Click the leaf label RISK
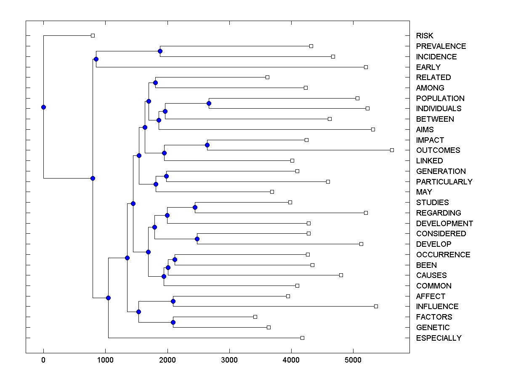point(425,36)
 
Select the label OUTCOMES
point(438,150)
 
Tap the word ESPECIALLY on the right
point(439,338)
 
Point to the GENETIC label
point(433,328)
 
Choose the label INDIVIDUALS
point(439,109)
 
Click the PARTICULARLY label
point(444,182)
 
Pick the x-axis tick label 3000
point(229,360)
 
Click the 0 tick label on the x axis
point(43,360)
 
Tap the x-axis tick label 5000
point(353,360)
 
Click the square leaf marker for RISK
point(93,35)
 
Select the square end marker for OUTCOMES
point(392,150)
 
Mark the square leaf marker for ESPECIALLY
point(302,338)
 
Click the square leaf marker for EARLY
point(366,67)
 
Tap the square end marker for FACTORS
point(255,317)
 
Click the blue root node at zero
point(43,107)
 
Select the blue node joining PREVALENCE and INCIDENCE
point(160,51)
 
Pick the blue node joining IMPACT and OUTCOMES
point(207,145)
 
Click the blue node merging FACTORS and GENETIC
point(173,322)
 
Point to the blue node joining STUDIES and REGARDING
point(195,207)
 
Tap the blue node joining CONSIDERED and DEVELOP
point(197,239)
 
